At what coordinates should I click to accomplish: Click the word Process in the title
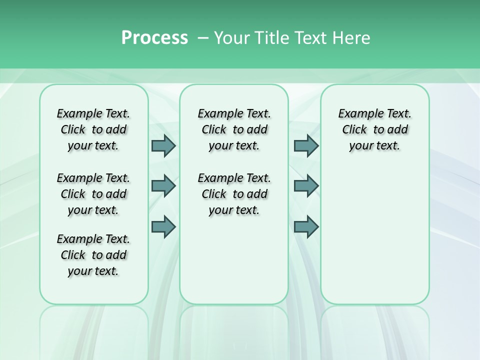tap(154, 38)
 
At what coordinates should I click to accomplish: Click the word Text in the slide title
tap(312, 38)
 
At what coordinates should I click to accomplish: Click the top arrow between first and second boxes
tap(163, 145)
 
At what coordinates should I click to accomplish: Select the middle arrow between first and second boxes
tap(163, 186)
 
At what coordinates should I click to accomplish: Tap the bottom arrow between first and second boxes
tap(163, 227)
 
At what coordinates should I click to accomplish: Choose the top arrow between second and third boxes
tap(306, 145)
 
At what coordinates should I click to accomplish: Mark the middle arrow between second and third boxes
tap(306, 186)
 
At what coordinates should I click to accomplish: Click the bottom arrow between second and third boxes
tap(306, 227)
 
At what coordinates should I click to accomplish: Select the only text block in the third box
tap(374, 129)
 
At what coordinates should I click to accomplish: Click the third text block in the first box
tap(93, 255)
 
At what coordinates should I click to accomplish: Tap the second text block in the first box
tap(93, 194)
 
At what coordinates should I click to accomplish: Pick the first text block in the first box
tap(93, 129)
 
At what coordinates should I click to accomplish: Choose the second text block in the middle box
tap(234, 194)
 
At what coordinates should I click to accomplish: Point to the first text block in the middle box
tap(234, 129)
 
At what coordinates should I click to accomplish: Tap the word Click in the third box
tap(354, 130)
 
